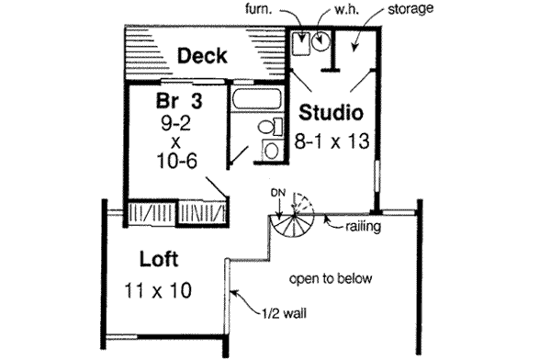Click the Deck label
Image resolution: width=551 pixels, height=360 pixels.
(x=204, y=56)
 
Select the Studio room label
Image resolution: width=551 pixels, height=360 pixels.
(x=332, y=114)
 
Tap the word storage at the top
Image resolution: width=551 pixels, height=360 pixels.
(x=409, y=9)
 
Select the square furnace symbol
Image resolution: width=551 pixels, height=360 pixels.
(x=300, y=40)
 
